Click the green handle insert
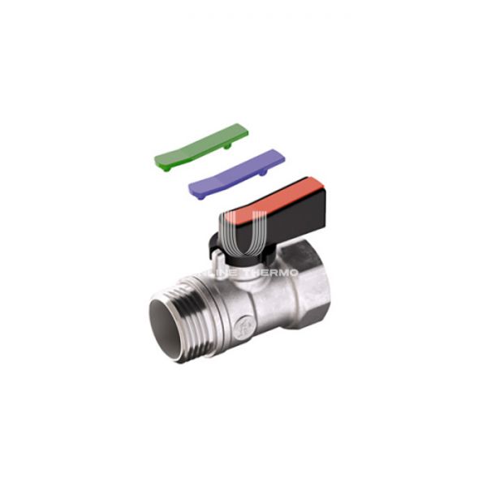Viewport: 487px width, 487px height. click(x=200, y=145)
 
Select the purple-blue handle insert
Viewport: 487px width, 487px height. click(x=235, y=172)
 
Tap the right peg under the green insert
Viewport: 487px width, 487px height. click(x=231, y=147)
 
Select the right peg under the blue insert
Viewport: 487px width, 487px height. click(x=265, y=172)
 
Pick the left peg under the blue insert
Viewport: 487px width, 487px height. click(x=200, y=194)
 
